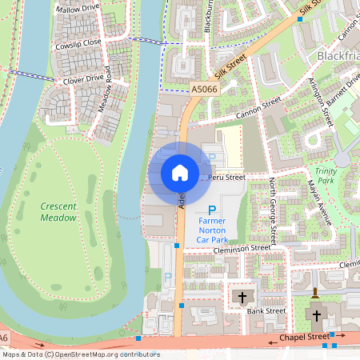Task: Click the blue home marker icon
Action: click(180, 173)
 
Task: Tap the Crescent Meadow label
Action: click(58, 212)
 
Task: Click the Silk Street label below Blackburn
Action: click(231, 62)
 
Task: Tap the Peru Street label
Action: click(226, 176)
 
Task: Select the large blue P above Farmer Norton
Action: click(212, 210)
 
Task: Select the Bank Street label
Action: click(266, 310)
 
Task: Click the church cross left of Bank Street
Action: click(242, 298)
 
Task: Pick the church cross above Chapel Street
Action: click(316, 315)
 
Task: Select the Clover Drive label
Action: click(84, 79)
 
